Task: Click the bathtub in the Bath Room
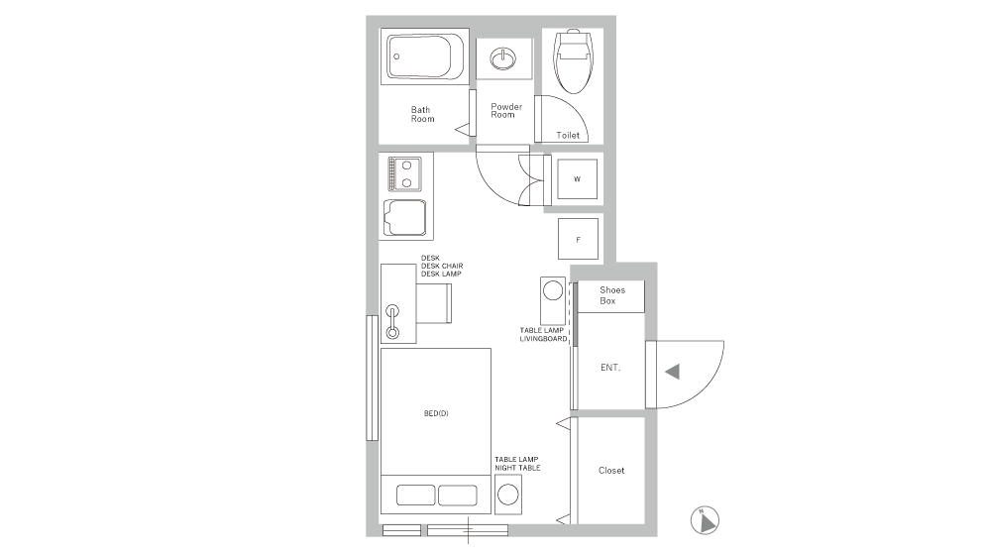tap(424, 58)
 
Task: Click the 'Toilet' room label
tap(568, 135)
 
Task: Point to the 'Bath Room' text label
tap(423, 114)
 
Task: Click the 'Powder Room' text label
tap(505, 110)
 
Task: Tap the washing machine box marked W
tap(577, 179)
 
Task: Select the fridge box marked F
tap(578, 239)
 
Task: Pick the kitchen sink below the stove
tap(404, 218)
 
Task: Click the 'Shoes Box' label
tap(611, 295)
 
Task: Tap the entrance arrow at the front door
tap(672, 372)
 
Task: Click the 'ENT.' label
tap(610, 368)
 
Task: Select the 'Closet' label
tap(611, 471)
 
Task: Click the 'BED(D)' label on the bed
tap(436, 412)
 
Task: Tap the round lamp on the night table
tap(508, 493)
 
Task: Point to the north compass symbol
tap(704, 517)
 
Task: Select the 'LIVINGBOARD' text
tap(543, 339)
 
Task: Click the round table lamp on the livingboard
tap(552, 292)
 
